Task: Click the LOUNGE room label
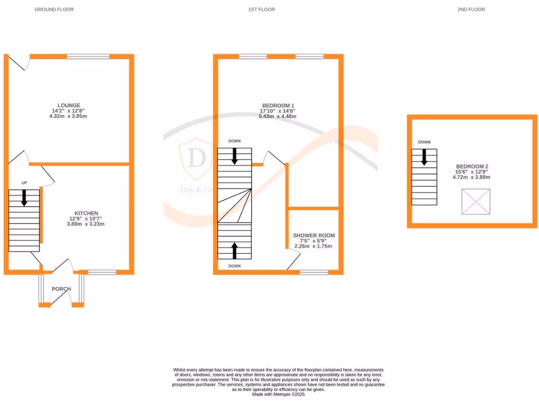[x=69, y=105]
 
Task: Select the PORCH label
[x=61, y=289]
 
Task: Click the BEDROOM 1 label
[x=277, y=105]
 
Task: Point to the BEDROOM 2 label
[x=471, y=166]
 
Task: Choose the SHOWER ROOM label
[x=314, y=236]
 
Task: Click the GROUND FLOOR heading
[x=54, y=9]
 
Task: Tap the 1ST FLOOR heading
[x=262, y=9]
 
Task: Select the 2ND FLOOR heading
[x=471, y=9]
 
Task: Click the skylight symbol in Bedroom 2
[x=475, y=202]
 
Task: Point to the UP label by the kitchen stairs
[x=24, y=183]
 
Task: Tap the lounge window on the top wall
[x=88, y=56]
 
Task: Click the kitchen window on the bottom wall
[x=102, y=272]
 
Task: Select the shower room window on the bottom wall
[x=314, y=272]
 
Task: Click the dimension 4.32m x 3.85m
[x=69, y=116]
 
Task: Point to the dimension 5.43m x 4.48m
[x=277, y=116]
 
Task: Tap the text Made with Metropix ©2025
[x=278, y=394]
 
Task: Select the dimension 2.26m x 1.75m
[x=314, y=246]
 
